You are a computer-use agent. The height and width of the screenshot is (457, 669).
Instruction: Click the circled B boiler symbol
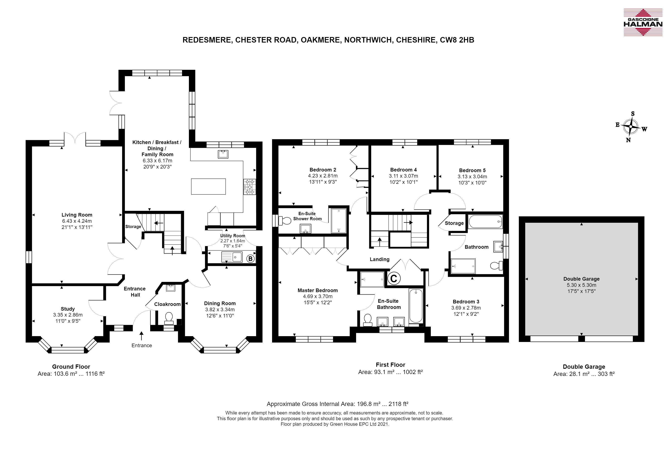(250, 258)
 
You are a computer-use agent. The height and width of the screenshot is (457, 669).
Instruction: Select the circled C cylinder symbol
(394, 278)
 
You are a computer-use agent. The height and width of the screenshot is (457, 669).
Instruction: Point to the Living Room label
(77, 215)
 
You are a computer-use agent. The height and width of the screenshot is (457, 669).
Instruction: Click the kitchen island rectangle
(208, 186)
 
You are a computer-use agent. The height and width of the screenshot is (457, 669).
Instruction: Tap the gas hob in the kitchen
(250, 187)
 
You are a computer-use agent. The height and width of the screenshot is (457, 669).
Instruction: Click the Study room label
(68, 309)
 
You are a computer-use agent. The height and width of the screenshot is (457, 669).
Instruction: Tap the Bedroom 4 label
(403, 170)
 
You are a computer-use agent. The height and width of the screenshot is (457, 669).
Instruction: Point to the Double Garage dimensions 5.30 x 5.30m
(582, 285)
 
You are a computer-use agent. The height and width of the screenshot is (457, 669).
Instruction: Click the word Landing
(379, 260)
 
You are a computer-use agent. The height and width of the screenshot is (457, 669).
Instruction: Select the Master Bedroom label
(318, 290)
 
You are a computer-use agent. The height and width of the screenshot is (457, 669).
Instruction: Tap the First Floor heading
(390, 365)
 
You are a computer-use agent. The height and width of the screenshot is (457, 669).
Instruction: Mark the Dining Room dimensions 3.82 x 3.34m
(220, 310)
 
